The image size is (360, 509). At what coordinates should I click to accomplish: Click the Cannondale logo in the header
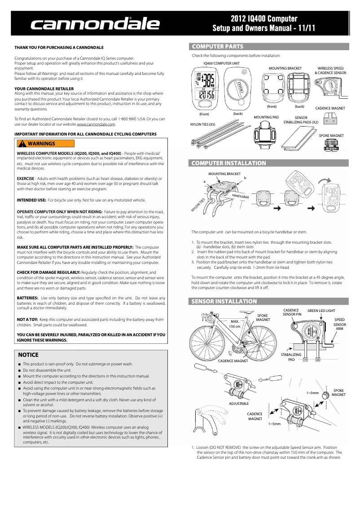(x=95, y=25)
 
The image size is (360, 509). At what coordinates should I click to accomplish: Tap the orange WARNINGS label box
(x=45, y=144)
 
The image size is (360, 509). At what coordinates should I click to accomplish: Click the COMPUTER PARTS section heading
(x=218, y=46)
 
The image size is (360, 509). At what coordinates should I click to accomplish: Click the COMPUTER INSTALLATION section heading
(x=229, y=163)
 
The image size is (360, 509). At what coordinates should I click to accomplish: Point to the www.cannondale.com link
(x=97, y=124)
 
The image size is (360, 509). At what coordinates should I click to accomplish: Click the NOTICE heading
(x=28, y=355)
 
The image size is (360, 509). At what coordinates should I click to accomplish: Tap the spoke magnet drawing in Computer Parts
(x=331, y=145)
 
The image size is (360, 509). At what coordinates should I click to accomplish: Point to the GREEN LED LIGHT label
(x=321, y=311)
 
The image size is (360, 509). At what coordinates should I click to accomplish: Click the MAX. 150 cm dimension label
(x=234, y=324)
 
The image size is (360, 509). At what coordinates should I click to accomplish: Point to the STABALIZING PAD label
(x=291, y=357)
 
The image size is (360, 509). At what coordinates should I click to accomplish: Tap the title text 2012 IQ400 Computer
(x=264, y=19)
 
